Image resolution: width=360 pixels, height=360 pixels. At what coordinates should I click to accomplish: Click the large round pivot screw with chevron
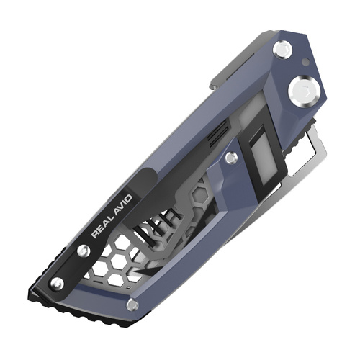coord(300,91)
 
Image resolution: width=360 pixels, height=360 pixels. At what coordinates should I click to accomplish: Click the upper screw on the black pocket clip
coord(84,251)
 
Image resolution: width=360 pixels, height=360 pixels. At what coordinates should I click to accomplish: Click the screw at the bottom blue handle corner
coord(132,305)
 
